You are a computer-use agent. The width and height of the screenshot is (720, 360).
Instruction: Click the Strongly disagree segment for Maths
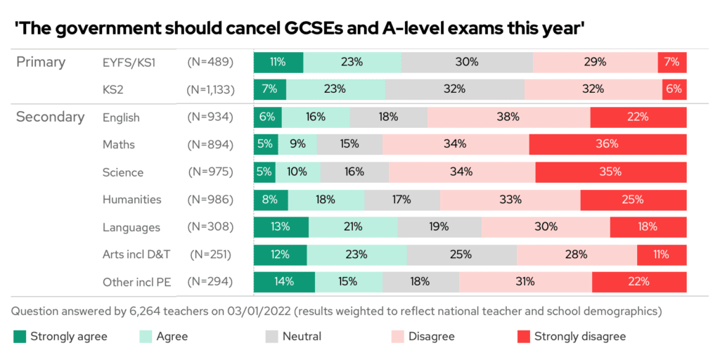(x=607, y=145)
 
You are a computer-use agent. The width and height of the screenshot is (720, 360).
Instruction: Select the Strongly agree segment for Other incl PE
(x=284, y=282)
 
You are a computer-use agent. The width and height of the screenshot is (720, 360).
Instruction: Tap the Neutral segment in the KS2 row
(x=454, y=89)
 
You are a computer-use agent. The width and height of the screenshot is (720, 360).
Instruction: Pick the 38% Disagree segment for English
(x=508, y=117)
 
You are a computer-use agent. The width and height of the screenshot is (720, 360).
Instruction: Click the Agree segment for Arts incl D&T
(x=357, y=255)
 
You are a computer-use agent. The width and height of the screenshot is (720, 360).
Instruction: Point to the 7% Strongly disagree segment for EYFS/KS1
(x=671, y=62)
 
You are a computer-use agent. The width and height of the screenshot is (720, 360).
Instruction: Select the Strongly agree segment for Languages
(x=281, y=227)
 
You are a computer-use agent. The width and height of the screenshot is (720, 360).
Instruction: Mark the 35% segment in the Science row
(x=610, y=172)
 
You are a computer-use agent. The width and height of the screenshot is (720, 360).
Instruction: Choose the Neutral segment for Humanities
(x=402, y=200)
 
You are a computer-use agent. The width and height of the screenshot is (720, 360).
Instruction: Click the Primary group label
(x=41, y=62)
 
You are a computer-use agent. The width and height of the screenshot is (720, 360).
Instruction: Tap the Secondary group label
(x=50, y=117)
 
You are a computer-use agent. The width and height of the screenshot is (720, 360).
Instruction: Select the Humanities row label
(x=131, y=200)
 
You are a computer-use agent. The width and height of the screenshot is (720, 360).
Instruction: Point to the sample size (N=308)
(x=210, y=227)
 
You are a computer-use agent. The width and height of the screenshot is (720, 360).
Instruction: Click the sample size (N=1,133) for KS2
(x=210, y=89)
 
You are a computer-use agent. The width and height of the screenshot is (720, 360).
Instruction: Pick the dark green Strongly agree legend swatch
(x=20, y=336)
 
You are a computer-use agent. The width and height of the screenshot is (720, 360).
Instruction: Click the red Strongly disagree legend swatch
(x=523, y=336)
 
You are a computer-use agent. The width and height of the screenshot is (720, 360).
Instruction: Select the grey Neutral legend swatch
(x=271, y=336)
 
